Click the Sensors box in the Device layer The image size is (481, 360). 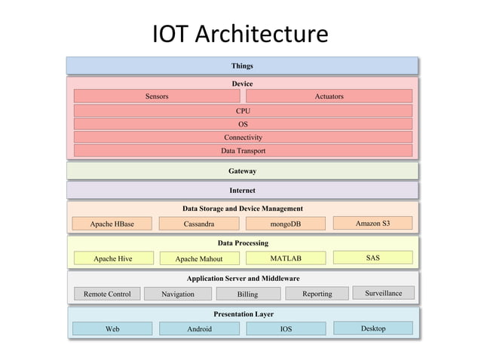157,96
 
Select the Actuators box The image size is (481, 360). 329,96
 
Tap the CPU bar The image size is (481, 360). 243,111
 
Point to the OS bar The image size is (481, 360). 243,124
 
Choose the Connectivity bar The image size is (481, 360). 243,138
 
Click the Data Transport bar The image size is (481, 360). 243,151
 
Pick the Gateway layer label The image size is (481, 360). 243,171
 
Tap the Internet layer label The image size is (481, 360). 243,191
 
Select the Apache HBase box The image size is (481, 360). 112,224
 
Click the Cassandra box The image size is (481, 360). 199,224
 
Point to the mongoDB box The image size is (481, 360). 286,224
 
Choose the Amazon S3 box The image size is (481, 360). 372,223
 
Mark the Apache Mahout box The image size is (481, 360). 199,258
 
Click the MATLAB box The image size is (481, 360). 286,258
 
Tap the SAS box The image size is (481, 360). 372,258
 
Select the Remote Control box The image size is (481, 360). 107,294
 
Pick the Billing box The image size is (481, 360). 247,294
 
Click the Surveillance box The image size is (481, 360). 383,292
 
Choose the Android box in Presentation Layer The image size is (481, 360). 199,328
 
